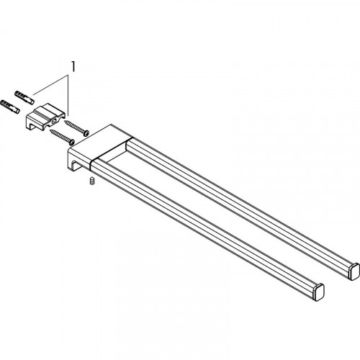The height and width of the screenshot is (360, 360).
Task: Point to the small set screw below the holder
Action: click(92, 181)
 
